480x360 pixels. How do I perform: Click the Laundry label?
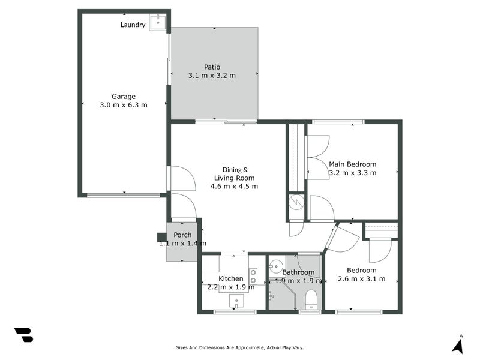133,25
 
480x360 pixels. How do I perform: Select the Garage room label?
124,96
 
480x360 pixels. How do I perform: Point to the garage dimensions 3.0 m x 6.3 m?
124,105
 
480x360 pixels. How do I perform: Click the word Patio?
212,67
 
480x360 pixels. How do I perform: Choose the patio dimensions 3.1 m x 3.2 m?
212,76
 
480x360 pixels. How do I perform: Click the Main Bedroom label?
352,164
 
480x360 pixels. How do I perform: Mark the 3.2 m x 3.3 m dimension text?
352,173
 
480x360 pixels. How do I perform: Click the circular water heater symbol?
296,203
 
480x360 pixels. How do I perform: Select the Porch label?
182,235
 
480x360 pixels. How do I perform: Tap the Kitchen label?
230,278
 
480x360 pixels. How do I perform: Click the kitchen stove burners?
253,276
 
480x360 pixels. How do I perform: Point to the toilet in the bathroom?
311,298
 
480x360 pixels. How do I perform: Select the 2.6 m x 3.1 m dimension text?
361,279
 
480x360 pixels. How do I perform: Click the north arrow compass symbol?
458,345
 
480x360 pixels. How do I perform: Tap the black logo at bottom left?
23,335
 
